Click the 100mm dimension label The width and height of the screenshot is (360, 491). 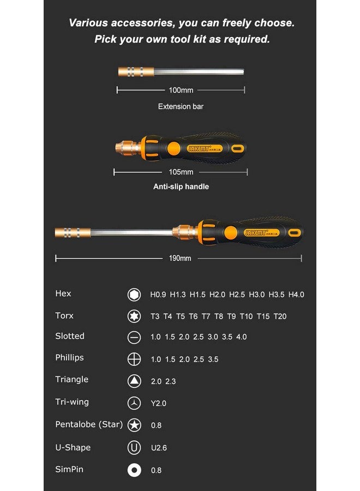tap(181, 90)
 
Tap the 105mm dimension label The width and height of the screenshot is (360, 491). tap(181, 172)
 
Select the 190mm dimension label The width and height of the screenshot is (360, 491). tap(180, 258)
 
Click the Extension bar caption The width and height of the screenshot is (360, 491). tap(181, 106)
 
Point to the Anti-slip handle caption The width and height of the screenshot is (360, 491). tap(181, 187)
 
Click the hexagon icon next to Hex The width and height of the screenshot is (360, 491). tap(134, 295)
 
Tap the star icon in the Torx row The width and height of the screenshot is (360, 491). tap(134, 316)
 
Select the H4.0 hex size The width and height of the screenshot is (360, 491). tap(296, 295)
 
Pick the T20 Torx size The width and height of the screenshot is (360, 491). tap(280, 316)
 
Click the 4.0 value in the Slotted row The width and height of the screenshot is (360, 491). tap(241, 337)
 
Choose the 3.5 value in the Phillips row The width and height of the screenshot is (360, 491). tap(213, 360)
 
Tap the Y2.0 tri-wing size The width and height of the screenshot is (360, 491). tap(158, 403)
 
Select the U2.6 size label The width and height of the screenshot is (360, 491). tap(158, 448)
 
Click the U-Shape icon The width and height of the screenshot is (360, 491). tap(134, 448)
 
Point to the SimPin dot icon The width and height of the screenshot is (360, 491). tap(134, 470)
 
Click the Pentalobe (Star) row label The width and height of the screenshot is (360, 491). tap(89, 424)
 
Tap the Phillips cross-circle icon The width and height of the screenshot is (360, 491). tap(134, 360)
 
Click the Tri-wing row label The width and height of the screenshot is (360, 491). tap(72, 402)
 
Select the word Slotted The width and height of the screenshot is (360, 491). tap(70, 336)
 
